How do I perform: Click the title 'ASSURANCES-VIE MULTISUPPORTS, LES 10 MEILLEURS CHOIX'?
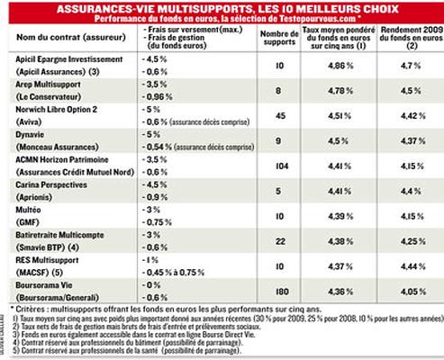coord(221,8)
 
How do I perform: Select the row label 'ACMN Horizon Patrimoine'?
coord(58,159)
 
